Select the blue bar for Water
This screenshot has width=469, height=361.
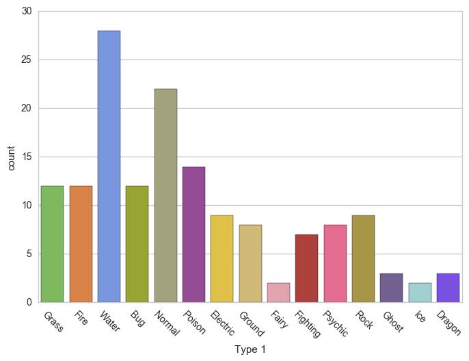[109, 166]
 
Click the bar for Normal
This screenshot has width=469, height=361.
[165, 196]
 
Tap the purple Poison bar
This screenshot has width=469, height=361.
[193, 235]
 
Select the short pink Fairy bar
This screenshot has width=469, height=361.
[278, 293]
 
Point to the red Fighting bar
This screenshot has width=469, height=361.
[307, 268]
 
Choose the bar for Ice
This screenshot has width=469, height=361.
[420, 293]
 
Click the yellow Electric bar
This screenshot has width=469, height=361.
[222, 258]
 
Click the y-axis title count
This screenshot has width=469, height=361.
[10, 157]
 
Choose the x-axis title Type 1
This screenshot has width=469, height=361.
[250, 349]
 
